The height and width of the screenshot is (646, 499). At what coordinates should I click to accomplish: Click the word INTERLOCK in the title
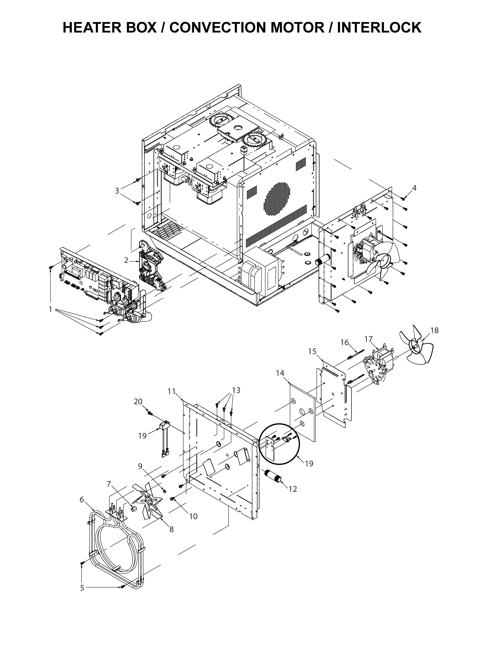point(379,28)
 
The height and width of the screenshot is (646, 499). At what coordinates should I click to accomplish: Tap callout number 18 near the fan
point(434,330)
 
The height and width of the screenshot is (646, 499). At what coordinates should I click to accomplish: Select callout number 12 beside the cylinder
point(293,489)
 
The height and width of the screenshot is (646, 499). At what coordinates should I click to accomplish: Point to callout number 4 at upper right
point(414,188)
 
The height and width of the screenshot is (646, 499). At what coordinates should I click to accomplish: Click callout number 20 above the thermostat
point(138,401)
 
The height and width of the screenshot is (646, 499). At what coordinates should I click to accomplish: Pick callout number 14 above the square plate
point(280,373)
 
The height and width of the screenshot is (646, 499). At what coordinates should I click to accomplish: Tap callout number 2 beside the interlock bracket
point(126,260)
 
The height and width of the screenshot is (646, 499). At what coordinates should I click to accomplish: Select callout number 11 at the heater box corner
point(172,391)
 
